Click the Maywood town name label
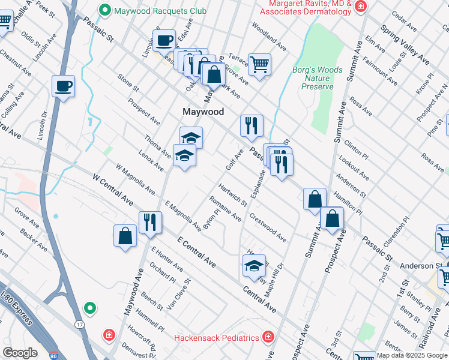203,112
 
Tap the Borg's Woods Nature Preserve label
317,79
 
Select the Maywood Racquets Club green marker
106,10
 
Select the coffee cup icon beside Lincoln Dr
63,86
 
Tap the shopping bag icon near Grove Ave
214,74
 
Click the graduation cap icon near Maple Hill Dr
254,265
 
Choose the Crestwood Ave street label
268,226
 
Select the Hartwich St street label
232,194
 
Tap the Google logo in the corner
20,353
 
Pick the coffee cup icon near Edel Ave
163,41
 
